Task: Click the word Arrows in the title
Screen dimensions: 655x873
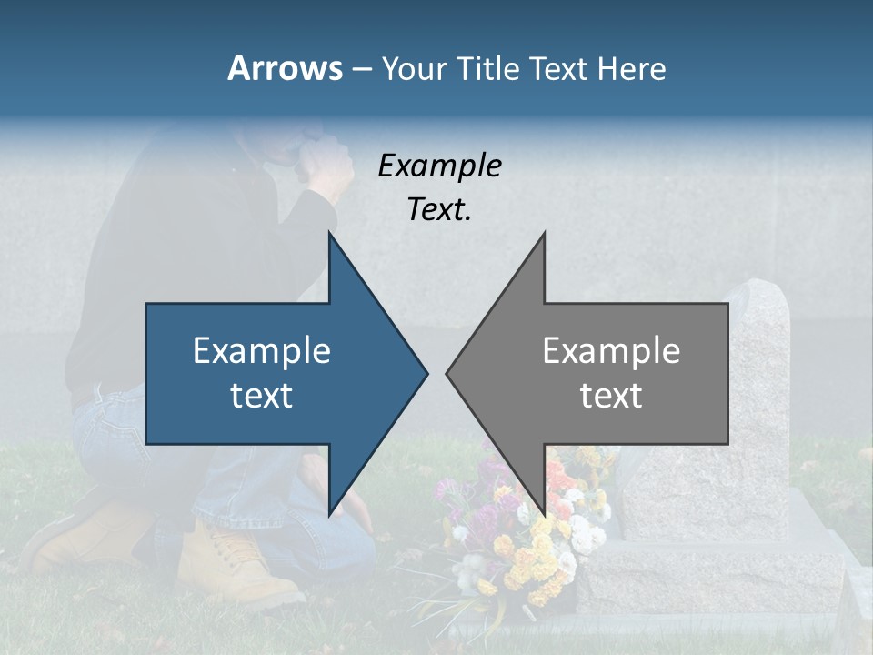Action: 285,68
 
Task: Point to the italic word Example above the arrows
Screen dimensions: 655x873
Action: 439,166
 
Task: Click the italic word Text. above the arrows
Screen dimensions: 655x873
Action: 439,209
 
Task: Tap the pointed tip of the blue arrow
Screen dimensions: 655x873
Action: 425,373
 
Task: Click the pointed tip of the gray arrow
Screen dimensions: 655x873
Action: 448,373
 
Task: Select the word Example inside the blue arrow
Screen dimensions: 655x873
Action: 262,351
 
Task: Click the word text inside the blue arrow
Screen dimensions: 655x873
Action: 262,395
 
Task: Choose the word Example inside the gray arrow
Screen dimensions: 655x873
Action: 611,351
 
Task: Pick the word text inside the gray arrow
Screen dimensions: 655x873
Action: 611,395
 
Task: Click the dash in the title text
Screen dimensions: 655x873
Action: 361,69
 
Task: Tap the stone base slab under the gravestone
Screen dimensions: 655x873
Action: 709,573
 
